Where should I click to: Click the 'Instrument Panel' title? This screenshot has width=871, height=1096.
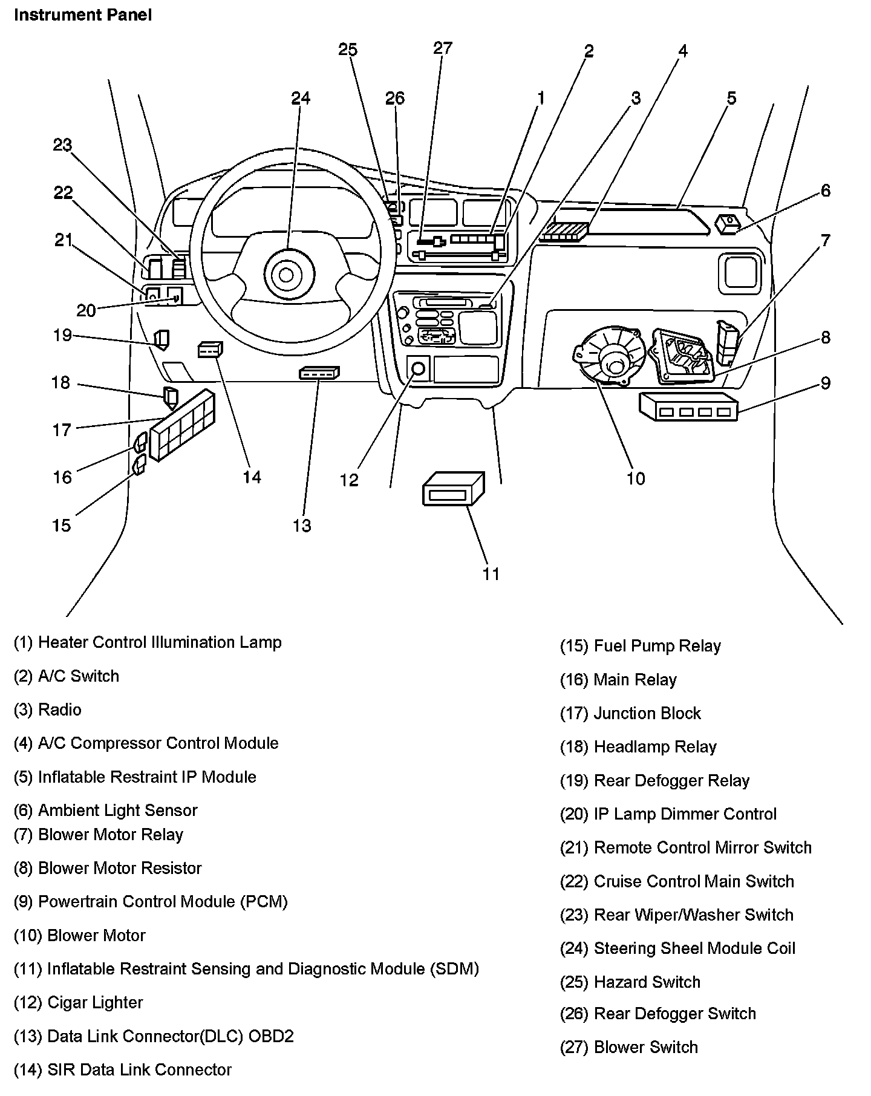(83, 15)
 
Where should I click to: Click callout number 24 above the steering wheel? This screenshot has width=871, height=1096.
(301, 98)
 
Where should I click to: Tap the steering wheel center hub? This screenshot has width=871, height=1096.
(285, 275)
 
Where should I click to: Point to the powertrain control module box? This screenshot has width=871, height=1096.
(688, 406)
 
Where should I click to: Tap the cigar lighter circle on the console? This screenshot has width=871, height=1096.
(417, 368)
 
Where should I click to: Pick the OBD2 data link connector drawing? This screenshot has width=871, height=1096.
(319, 373)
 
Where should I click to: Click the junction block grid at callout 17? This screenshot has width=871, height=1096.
(182, 425)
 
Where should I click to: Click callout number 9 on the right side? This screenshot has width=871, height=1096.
(826, 383)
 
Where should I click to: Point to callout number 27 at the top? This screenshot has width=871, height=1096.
(443, 48)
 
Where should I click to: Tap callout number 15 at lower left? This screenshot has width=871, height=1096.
(61, 525)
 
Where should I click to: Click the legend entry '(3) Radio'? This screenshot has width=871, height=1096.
(47, 709)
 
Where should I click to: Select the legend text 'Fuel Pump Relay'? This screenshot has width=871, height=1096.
(657, 646)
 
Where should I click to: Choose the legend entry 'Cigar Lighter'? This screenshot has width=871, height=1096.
(95, 1002)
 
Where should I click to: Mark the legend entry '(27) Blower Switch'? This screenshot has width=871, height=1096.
(629, 1047)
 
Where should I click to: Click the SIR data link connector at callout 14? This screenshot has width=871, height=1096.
(210, 350)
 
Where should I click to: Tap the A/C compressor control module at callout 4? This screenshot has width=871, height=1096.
(563, 232)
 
